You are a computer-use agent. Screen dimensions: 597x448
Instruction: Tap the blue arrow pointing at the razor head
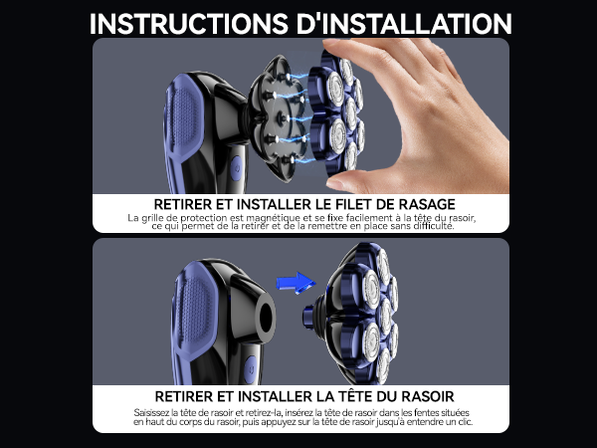click(x=296, y=283)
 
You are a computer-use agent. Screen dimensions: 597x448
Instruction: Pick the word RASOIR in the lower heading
click(x=428, y=396)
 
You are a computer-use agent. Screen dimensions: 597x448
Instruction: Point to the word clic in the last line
click(x=465, y=422)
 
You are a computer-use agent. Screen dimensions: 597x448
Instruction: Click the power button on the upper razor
click(x=236, y=168)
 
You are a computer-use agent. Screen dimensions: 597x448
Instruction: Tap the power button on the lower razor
click(x=251, y=369)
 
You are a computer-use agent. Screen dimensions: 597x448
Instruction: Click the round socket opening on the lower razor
click(x=266, y=317)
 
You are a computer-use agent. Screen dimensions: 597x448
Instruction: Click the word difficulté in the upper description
click(x=435, y=226)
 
